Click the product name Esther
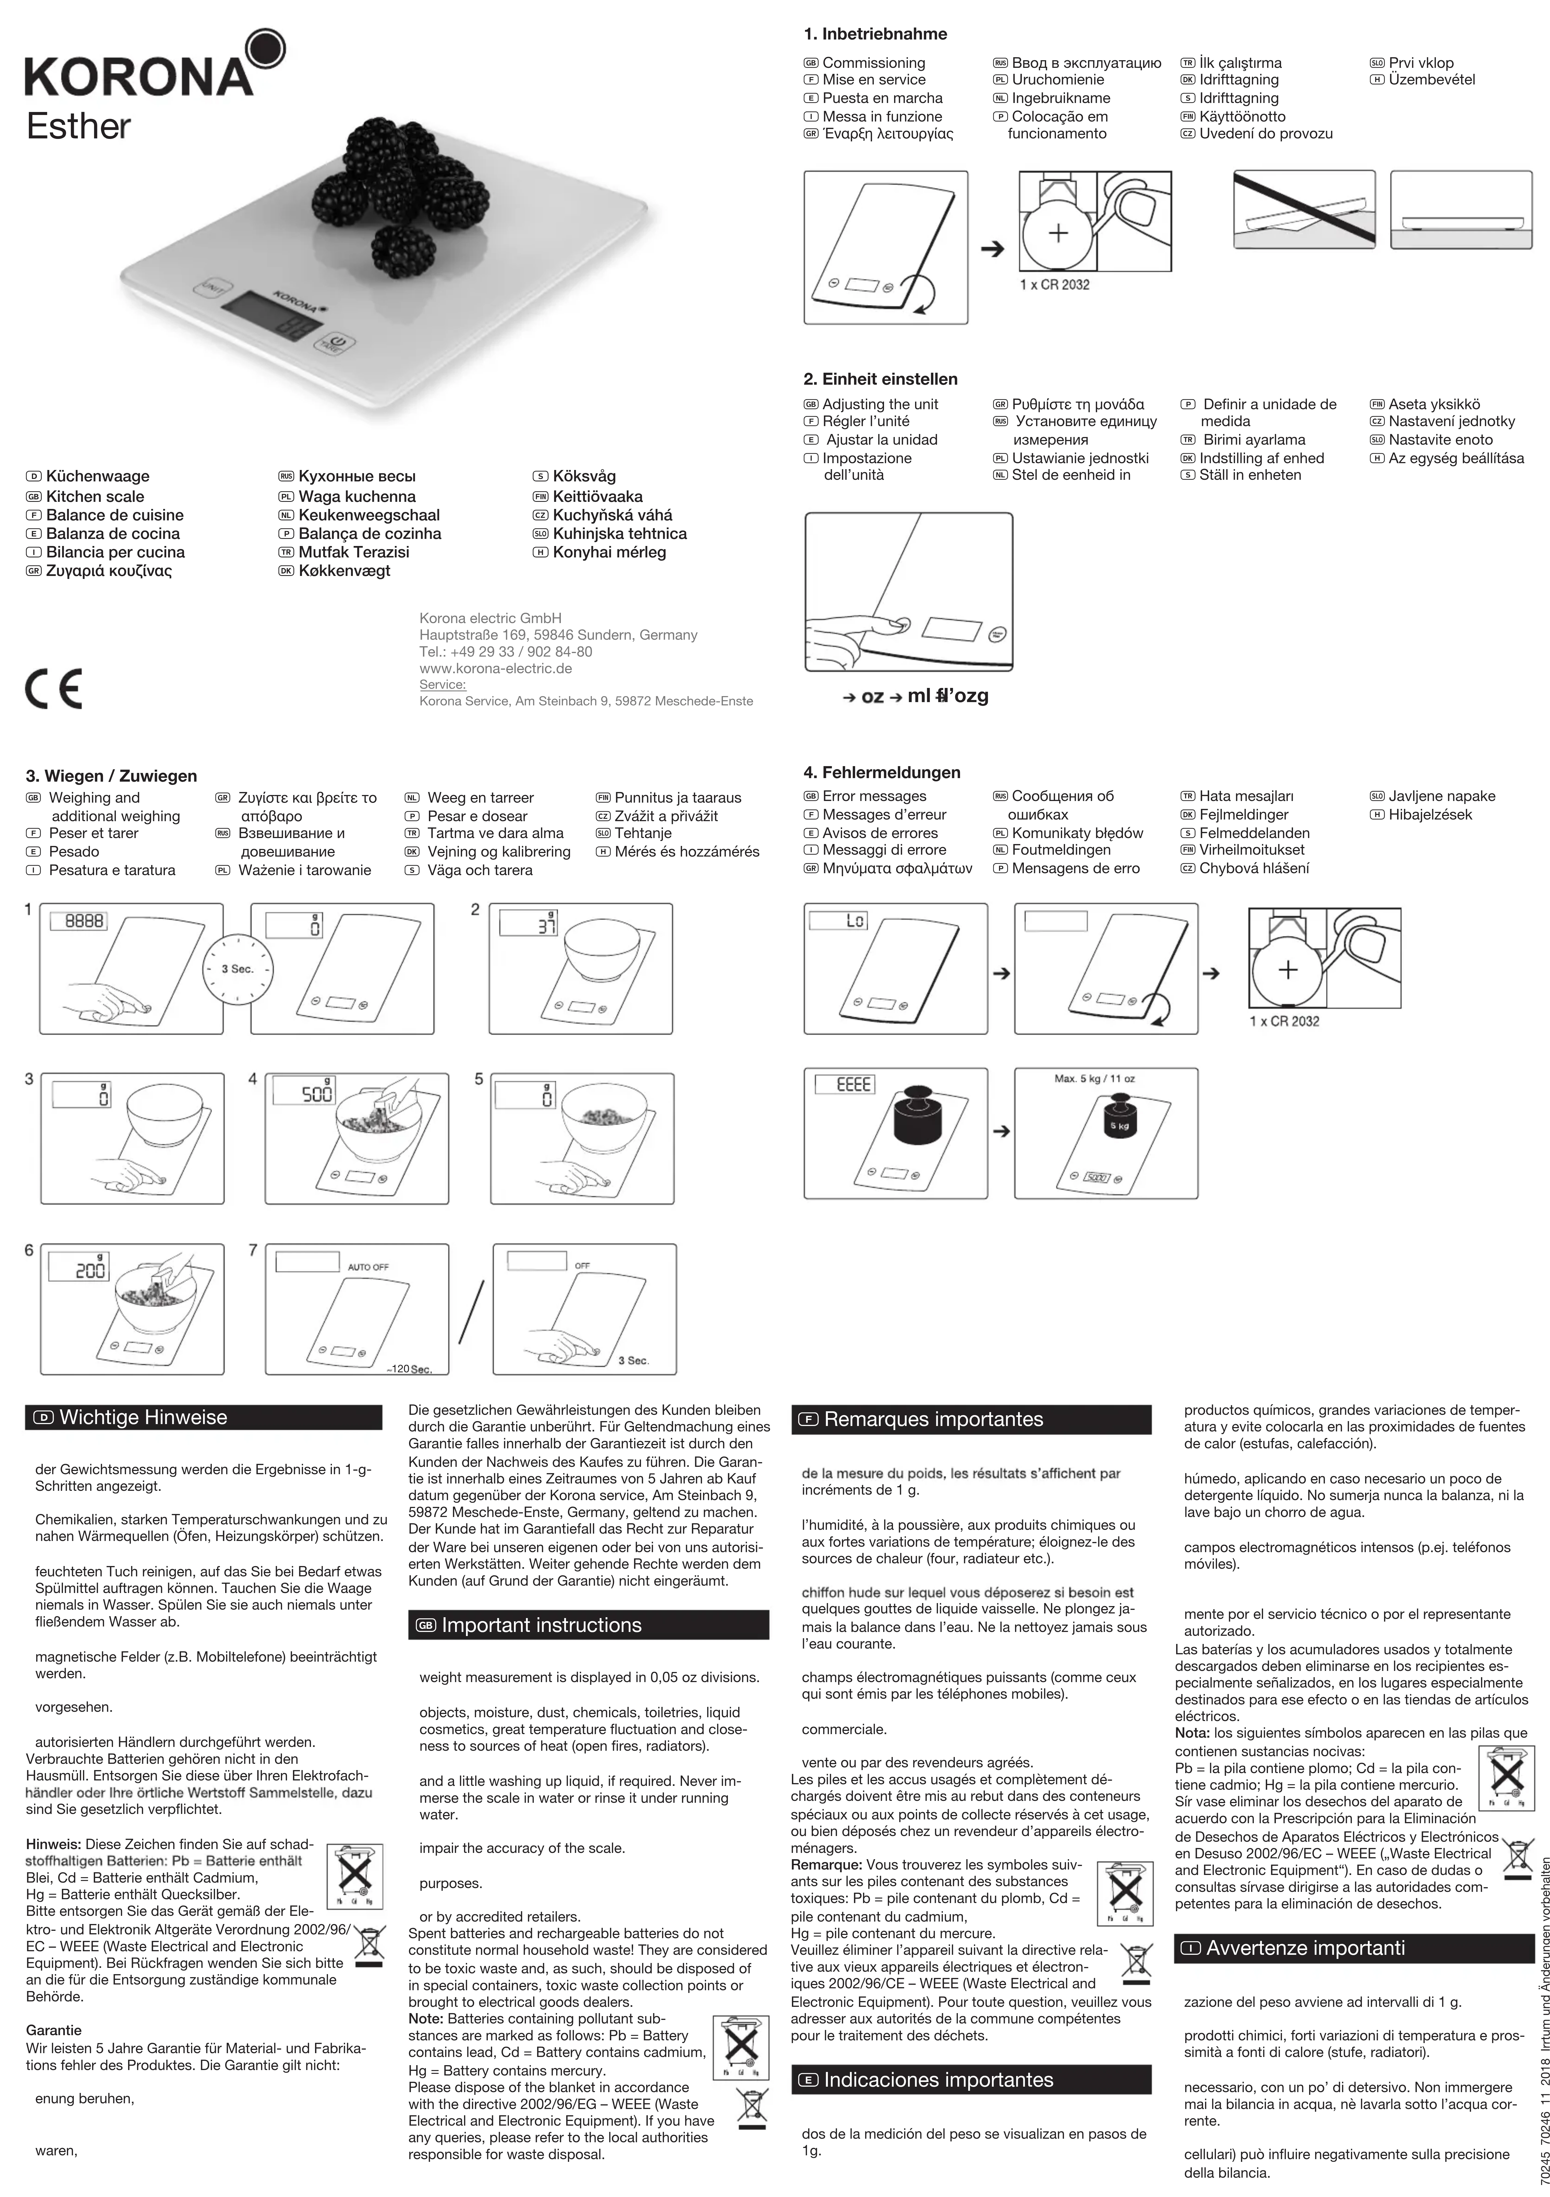tap(78, 127)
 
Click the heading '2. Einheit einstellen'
tap(880, 379)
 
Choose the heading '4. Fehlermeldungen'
tap(881, 772)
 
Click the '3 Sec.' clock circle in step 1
tap(236, 968)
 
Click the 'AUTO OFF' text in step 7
tap(368, 1267)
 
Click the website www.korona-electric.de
tap(496, 668)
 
